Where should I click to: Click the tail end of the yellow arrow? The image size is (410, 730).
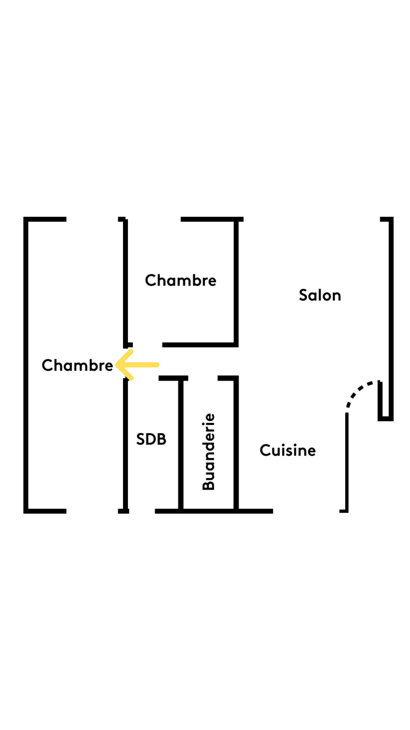click(x=158, y=365)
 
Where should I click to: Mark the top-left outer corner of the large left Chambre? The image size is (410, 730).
click(x=24, y=217)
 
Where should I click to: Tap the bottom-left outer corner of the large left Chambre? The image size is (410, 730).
click(x=24, y=513)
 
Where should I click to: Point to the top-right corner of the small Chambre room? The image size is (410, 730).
click(x=238, y=217)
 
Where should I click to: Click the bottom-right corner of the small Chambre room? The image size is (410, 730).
click(x=238, y=347)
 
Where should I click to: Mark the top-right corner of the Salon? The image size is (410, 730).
click(x=393, y=217)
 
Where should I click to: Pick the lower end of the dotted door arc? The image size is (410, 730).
click(x=347, y=411)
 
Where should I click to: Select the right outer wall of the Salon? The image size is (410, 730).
click(x=391, y=319)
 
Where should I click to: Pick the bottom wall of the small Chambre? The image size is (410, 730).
click(x=200, y=345)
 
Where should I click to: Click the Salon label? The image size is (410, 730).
click(x=320, y=295)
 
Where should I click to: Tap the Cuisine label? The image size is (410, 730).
click(x=288, y=450)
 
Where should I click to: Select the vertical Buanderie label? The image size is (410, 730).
click(x=208, y=452)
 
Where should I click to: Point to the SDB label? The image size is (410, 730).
click(x=151, y=439)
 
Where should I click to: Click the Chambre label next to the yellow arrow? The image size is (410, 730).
click(x=77, y=365)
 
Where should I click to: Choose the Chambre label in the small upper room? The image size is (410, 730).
click(x=181, y=280)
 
